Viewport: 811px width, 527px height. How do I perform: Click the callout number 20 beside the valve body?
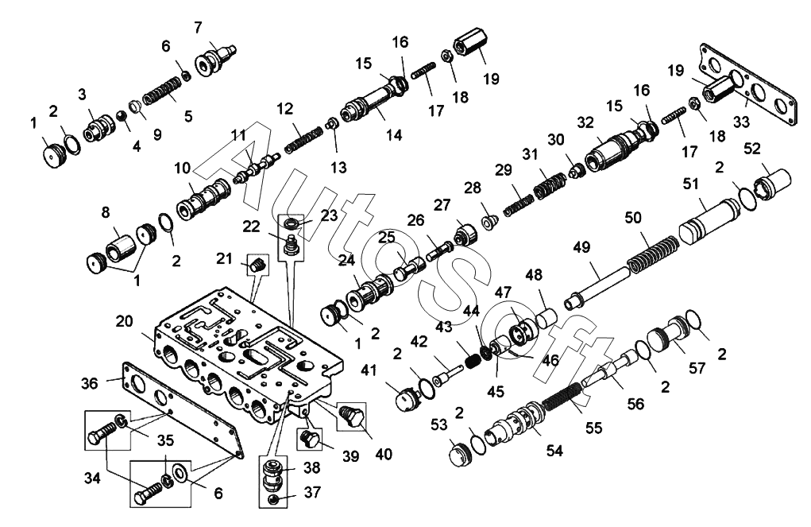click(124, 321)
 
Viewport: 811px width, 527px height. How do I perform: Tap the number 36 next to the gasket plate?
click(90, 384)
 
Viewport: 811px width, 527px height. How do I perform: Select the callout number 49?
click(582, 247)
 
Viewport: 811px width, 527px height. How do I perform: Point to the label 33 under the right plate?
click(741, 122)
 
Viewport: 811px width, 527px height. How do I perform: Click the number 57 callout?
click(697, 368)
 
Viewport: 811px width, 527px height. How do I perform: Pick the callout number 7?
click(198, 28)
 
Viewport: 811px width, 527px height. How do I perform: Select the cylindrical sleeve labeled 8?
click(121, 247)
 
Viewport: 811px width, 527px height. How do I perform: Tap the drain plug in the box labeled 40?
click(352, 416)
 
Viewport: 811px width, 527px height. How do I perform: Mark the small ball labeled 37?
click(274, 499)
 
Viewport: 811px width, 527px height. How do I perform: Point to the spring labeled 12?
click(303, 139)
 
